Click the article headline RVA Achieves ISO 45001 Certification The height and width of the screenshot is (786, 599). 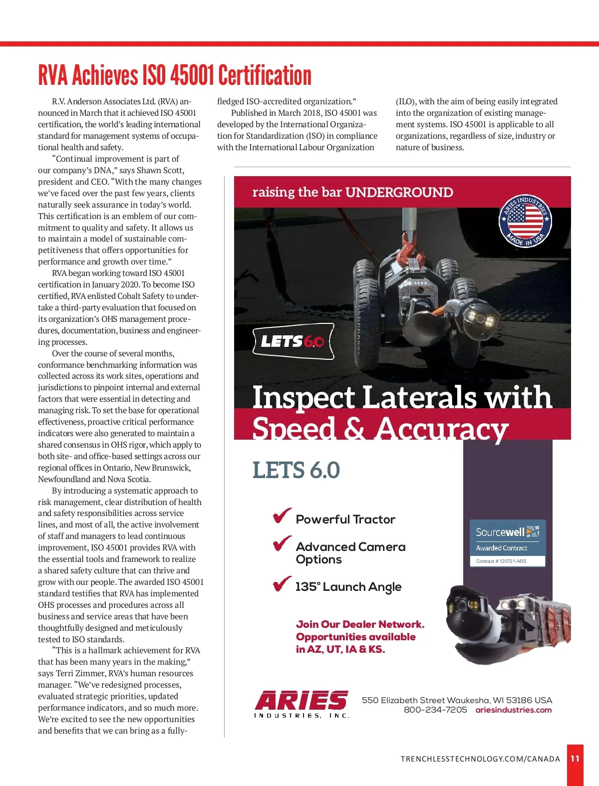tap(175, 75)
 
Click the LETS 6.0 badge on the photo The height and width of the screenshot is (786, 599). tap(293, 341)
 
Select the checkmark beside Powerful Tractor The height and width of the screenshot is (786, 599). tap(282, 516)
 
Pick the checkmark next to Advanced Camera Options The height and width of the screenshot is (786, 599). tap(282, 543)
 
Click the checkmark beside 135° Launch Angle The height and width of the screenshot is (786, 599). tap(282, 583)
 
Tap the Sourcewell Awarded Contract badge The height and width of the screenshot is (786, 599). tap(507, 543)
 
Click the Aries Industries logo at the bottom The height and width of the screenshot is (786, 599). tap(302, 704)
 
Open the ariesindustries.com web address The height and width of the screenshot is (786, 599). tap(513, 710)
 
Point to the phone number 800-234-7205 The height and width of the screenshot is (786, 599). tap(435, 710)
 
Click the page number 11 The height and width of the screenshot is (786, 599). tap(575, 759)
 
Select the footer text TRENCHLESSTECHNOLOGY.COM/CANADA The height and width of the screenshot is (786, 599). tap(480, 759)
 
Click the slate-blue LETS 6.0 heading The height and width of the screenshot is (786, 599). tap(296, 470)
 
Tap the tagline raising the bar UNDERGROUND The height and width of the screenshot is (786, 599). tap(352, 192)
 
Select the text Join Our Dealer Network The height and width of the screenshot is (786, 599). tap(360, 624)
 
